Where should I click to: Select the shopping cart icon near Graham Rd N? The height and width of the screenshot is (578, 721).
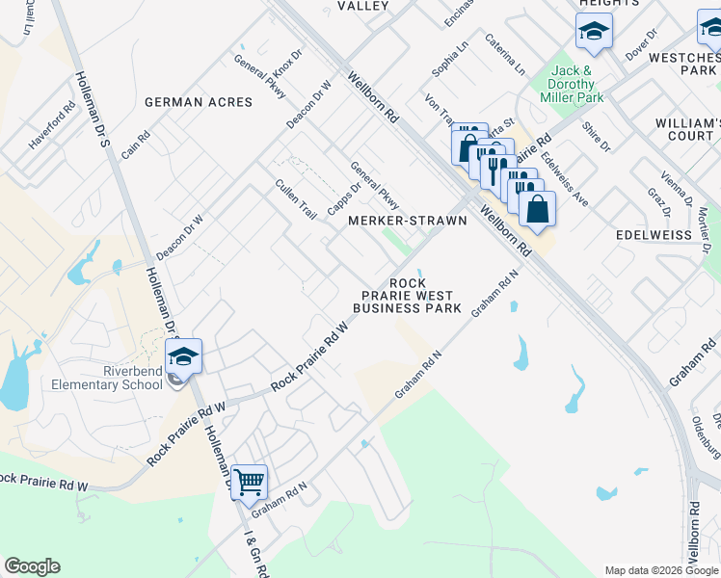click(x=249, y=480)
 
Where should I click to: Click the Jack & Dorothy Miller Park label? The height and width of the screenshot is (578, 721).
click(x=578, y=84)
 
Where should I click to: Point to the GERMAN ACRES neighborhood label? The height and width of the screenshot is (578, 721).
click(x=199, y=102)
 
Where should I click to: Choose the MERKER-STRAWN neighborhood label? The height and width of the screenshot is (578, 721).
click(x=407, y=221)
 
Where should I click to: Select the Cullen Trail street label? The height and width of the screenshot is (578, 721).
click(x=296, y=199)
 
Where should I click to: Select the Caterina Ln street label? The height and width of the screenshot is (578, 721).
click(x=505, y=55)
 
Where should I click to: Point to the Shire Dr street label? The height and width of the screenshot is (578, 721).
click(x=597, y=136)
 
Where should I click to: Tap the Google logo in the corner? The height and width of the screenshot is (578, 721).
click(x=32, y=566)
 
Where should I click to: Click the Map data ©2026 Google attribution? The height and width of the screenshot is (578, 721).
click(x=661, y=570)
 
